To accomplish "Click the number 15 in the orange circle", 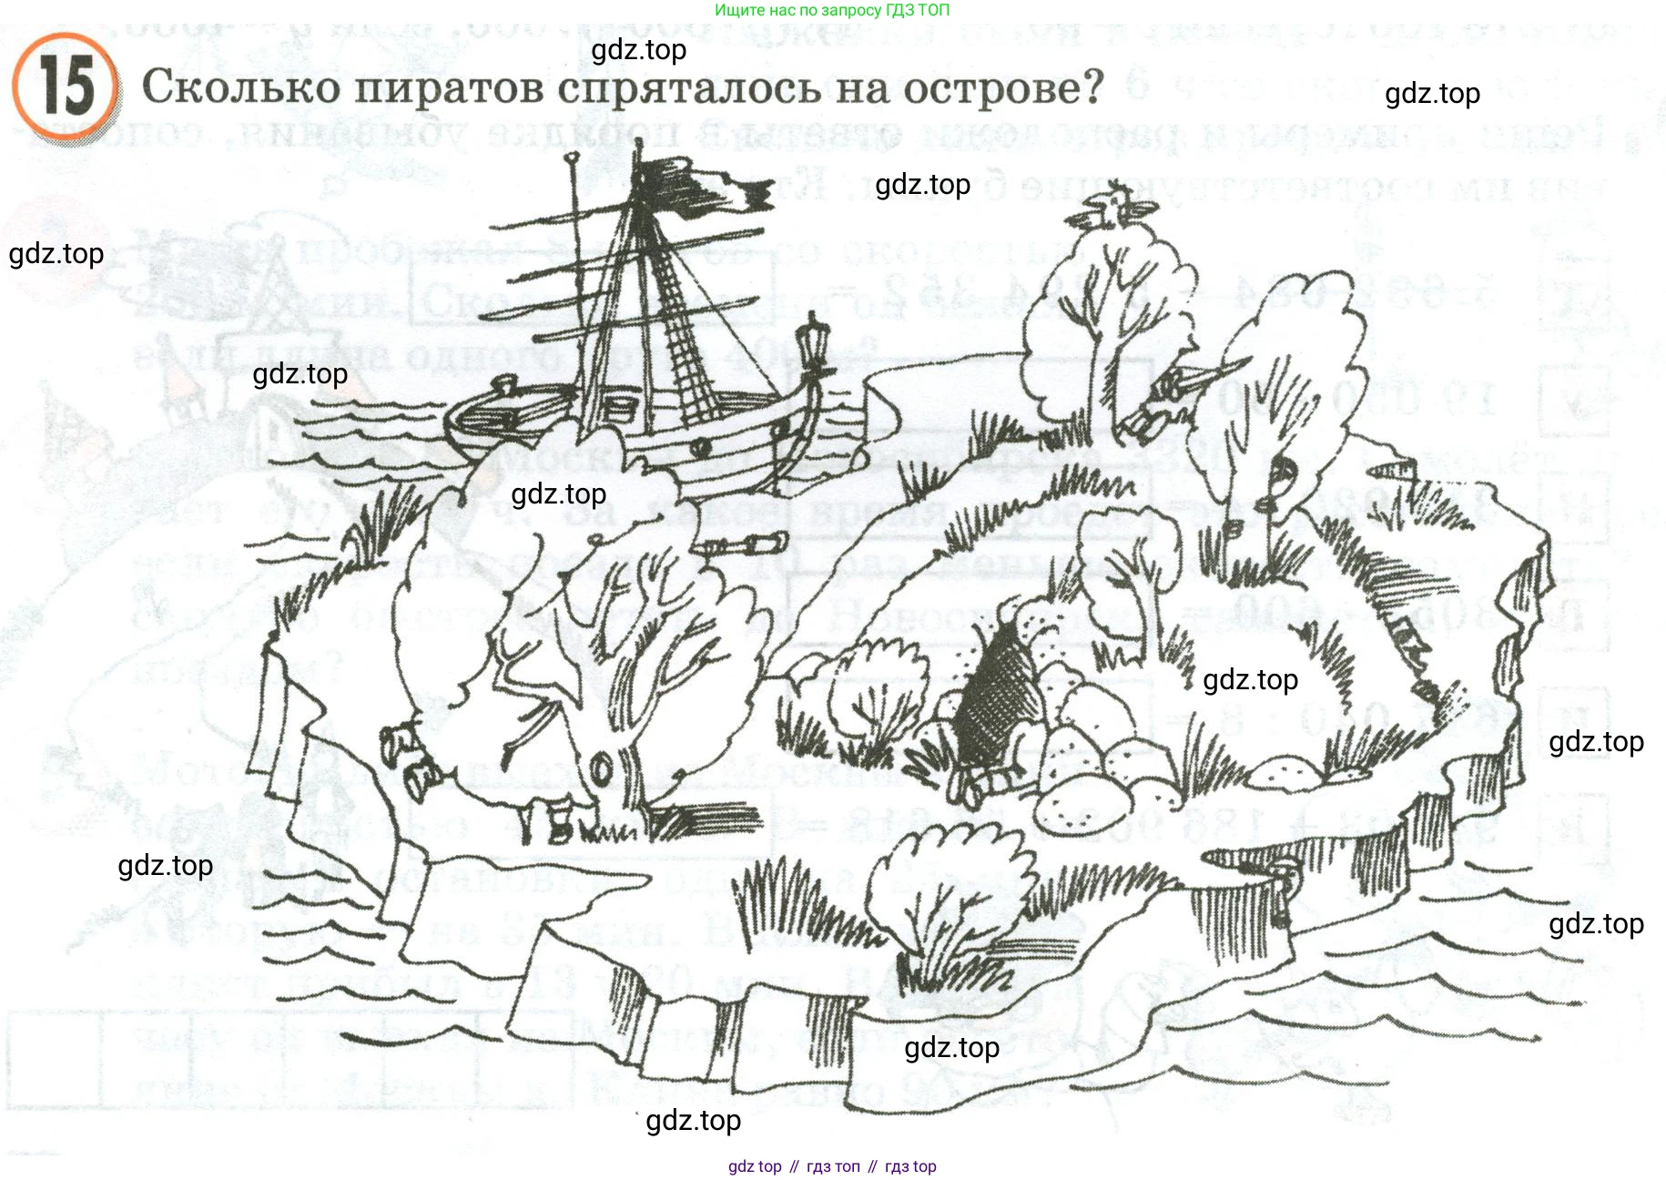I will coord(66,86).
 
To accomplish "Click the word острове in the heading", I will coord(1001,88).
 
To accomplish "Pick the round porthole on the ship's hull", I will coord(701,448).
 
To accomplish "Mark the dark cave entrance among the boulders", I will coord(997,692).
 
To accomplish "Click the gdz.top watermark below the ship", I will coord(558,494).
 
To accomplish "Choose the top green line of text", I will coord(831,10).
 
